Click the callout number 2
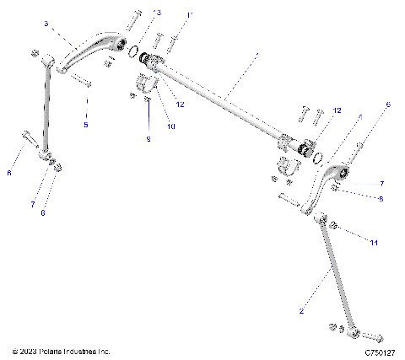(300, 310)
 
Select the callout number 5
(85, 125)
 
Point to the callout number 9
(148, 138)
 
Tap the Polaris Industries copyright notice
(62, 351)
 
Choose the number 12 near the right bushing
(336, 110)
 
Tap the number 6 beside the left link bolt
(9, 173)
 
